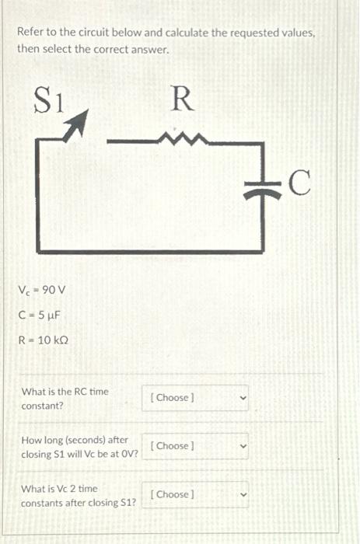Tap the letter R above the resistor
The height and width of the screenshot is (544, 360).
tap(180, 99)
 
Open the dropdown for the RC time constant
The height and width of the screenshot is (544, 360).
tap(194, 398)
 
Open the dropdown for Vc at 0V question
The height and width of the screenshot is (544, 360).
tap(194, 446)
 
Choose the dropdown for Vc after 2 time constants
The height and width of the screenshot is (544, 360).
tap(194, 494)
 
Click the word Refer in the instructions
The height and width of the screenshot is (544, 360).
tap(31, 33)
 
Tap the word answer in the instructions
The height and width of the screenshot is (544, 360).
tap(151, 49)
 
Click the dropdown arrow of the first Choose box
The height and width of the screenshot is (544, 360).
tap(242, 398)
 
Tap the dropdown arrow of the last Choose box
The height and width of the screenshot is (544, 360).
tap(242, 494)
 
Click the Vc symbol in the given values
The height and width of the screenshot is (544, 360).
tap(23, 291)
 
